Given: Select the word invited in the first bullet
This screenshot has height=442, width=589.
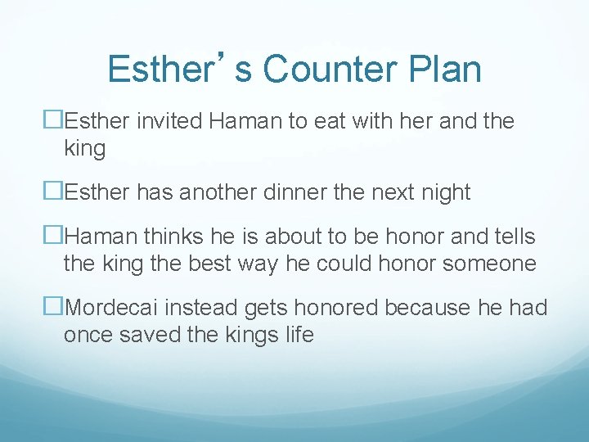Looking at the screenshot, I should coord(170,122).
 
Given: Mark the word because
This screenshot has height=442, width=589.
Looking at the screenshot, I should coord(431,308).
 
